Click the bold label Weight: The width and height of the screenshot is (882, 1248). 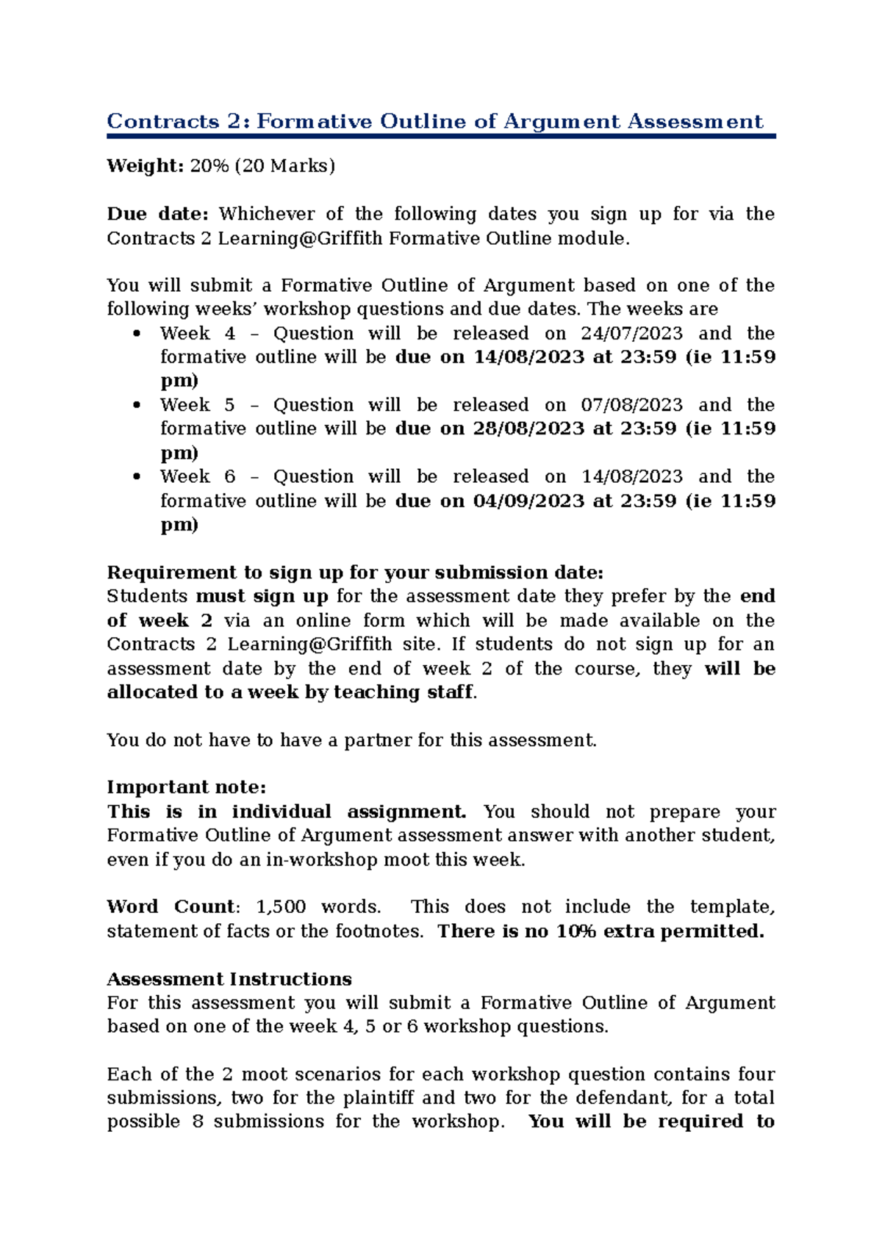(145, 166)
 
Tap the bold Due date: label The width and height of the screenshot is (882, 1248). (158, 214)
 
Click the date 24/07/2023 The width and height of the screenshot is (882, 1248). (631, 334)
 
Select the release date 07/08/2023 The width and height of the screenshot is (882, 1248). (631, 405)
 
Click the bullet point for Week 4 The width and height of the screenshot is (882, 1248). (136, 334)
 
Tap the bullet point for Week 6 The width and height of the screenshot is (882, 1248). (136, 477)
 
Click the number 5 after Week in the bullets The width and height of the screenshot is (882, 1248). (230, 405)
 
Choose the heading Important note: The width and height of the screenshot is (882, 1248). (187, 787)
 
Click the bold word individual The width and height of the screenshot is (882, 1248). (282, 811)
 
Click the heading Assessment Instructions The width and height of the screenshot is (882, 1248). (229, 979)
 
